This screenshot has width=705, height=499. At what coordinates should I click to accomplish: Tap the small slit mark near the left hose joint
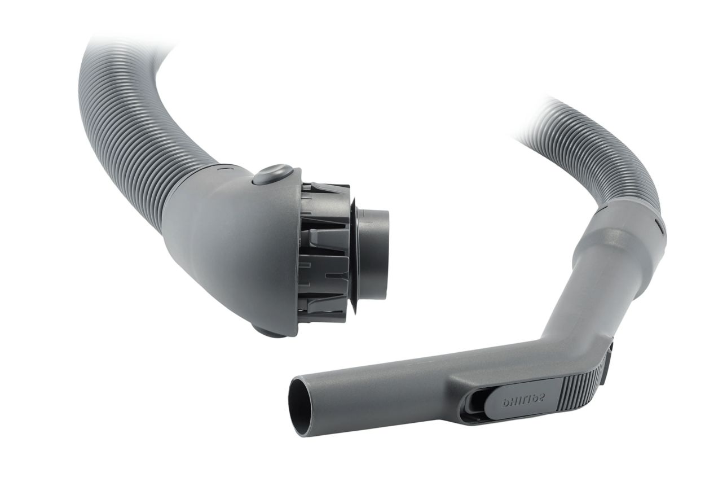click(x=223, y=169)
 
